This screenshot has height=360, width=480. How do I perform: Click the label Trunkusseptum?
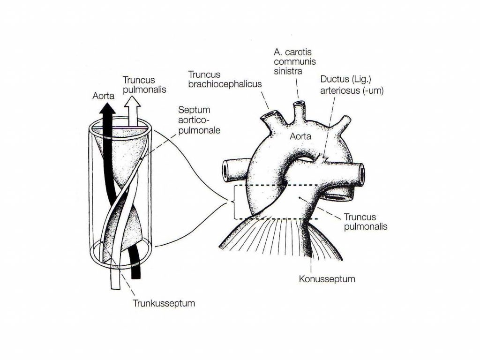[x=164, y=303]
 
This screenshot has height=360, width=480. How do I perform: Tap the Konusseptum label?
[x=327, y=279]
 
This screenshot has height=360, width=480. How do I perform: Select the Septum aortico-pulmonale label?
[x=199, y=120]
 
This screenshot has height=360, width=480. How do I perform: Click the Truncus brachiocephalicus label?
[x=225, y=79]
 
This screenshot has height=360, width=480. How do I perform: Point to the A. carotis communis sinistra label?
[x=294, y=61]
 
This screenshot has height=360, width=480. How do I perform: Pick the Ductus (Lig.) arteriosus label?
[x=352, y=85]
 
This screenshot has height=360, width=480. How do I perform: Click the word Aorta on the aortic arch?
[x=300, y=136]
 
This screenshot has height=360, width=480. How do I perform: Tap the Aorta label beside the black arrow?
[x=104, y=96]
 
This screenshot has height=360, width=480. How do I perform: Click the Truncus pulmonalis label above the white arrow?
[x=144, y=85]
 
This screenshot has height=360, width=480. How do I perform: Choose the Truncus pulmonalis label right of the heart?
[x=366, y=222]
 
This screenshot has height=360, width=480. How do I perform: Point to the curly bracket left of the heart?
[x=232, y=202]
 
